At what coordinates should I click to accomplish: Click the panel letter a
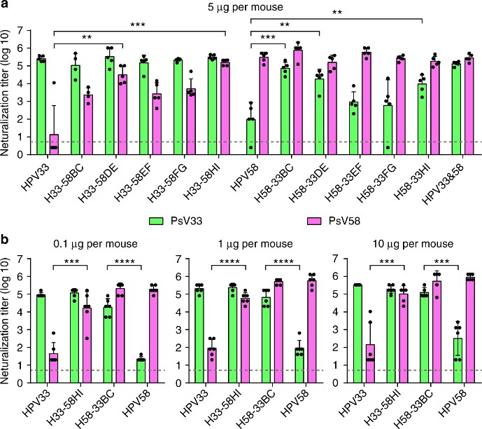(x=6, y=6)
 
